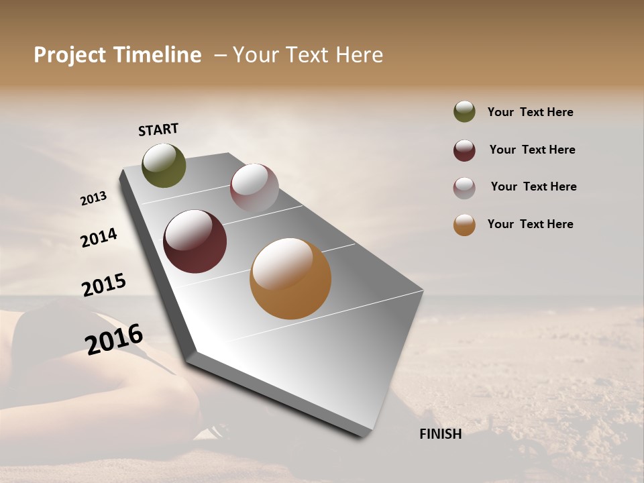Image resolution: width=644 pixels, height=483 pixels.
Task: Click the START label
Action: pos(158,129)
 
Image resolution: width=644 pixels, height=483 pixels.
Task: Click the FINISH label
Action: pos(440,434)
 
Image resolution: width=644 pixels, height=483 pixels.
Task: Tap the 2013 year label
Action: pos(94,199)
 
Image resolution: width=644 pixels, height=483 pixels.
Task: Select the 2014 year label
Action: pos(99,237)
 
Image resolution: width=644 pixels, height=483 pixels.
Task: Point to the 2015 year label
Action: pos(104,285)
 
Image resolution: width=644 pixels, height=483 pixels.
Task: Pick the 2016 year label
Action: pos(114,339)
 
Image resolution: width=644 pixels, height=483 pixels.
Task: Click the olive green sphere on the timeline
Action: pos(164,165)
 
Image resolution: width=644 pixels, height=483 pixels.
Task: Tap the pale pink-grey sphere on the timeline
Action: pos(254,188)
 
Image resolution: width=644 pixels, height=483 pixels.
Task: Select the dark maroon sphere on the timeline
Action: pos(195,241)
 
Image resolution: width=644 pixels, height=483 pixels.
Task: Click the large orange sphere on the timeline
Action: pos(290,278)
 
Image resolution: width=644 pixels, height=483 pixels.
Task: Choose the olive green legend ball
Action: pos(464,111)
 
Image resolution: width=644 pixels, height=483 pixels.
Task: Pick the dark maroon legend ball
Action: pos(464,150)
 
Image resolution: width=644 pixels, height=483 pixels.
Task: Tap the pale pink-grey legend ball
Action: pos(464,187)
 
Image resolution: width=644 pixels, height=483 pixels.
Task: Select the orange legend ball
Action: pos(464,225)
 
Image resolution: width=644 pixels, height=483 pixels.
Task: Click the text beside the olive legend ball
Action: pos(530,112)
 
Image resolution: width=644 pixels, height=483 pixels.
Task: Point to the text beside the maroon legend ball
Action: pos(532,150)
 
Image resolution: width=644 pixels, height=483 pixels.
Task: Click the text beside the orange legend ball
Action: pos(530,224)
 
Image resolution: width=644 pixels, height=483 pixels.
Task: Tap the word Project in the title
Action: pos(69,55)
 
